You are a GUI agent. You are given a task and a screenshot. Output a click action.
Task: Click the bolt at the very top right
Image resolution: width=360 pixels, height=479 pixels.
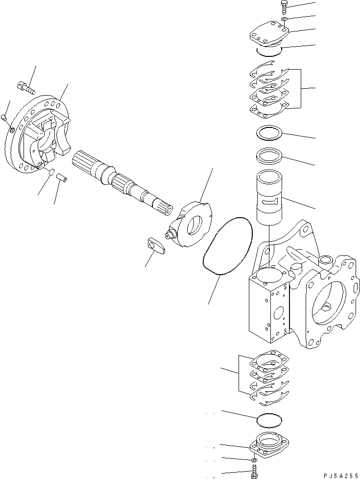[285, 7]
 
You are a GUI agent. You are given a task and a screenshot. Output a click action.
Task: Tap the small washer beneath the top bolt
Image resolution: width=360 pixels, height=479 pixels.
[285, 20]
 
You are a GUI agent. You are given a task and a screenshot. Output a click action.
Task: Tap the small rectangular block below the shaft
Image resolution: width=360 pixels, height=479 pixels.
[156, 246]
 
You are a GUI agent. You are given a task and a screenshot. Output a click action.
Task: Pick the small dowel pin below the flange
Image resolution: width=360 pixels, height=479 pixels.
[62, 176]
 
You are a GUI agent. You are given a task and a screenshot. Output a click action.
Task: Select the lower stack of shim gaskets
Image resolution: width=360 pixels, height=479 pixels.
[268, 378]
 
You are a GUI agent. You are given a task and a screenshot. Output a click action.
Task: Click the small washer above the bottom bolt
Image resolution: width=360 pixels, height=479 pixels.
[253, 461]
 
